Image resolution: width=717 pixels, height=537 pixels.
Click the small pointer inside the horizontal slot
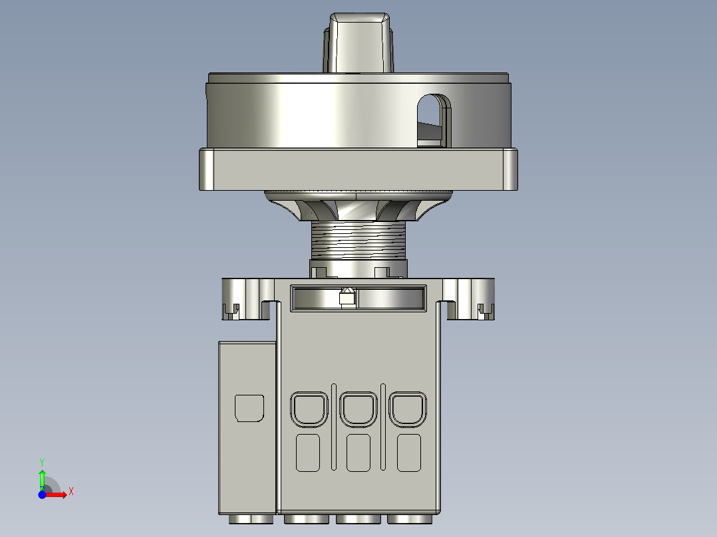coord(346,297)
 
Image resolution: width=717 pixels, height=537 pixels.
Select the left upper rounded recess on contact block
coord(309,409)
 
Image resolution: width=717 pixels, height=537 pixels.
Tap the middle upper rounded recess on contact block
coord(358,409)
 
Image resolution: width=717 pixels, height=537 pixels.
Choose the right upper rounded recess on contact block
coord(408,409)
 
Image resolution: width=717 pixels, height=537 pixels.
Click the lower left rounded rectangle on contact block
coord(308,453)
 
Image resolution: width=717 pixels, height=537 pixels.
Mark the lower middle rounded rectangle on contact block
coord(358,453)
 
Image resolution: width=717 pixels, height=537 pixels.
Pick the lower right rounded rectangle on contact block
coord(409,453)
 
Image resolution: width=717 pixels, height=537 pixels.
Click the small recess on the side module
coord(250,408)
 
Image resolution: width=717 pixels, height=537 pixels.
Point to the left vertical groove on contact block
coord(333,425)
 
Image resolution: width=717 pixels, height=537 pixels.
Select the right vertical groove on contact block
coord(383,425)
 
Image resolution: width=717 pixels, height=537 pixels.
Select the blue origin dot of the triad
coord(42,495)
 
